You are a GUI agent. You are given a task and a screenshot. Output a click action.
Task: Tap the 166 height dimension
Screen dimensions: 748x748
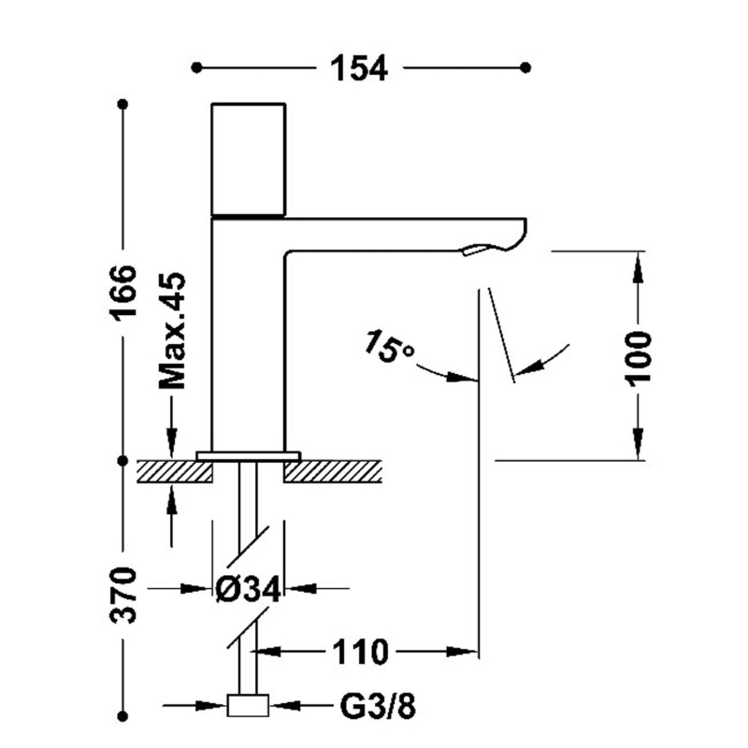tap(122, 292)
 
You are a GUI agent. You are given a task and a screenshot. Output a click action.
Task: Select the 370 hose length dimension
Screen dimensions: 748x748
tap(122, 594)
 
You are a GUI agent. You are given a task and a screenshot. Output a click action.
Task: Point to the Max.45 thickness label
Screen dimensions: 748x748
tap(172, 331)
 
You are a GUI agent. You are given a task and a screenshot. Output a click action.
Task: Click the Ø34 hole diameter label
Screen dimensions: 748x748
tap(248, 589)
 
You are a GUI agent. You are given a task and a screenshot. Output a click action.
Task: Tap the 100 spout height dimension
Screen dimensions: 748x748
tap(640, 356)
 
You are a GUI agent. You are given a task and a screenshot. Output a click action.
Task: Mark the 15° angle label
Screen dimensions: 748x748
tap(389, 347)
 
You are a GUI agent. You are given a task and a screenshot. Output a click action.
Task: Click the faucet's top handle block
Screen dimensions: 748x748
tap(249, 159)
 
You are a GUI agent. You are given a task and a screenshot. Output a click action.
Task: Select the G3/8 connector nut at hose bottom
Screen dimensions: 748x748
tap(248, 706)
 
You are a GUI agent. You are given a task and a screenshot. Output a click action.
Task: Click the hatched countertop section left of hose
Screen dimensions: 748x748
tap(175, 470)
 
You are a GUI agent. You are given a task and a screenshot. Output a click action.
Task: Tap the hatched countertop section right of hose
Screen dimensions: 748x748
tap(333, 471)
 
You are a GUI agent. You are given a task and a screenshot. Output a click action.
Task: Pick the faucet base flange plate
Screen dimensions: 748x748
tap(248, 455)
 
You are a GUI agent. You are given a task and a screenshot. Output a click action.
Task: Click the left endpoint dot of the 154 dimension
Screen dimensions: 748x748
tap(196, 67)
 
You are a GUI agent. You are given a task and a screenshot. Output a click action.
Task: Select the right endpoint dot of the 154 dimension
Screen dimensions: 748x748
tap(525, 67)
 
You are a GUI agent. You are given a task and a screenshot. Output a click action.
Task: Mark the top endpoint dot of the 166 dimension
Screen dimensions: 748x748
tap(122, 104)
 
